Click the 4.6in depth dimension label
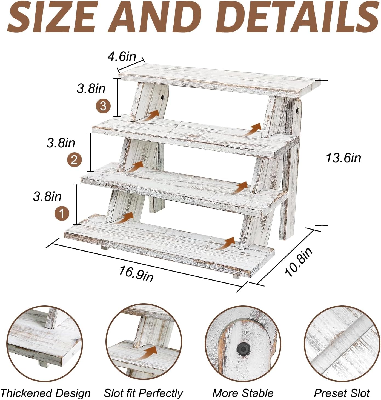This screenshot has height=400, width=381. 122,56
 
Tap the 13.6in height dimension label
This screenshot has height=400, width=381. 343,158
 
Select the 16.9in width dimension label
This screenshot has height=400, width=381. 136,274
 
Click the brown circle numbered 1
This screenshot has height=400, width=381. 62,214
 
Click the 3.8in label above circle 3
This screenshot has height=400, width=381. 91,89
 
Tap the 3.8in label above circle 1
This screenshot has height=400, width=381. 47,196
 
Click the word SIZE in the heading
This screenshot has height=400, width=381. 51,17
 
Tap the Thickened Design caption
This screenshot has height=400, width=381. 45,393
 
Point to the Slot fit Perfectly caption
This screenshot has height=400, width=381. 143,393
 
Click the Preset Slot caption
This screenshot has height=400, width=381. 342,393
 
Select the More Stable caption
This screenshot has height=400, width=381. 243,393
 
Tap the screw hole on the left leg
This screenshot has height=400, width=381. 163,98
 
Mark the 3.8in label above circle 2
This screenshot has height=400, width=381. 61,143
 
